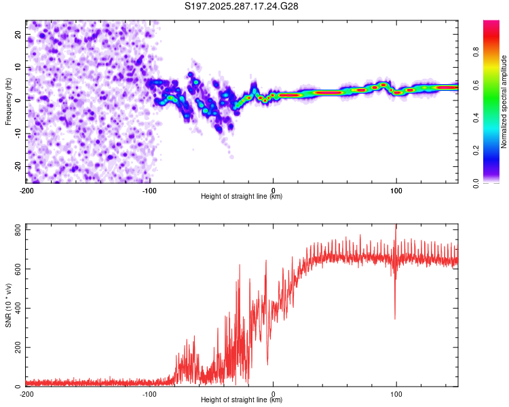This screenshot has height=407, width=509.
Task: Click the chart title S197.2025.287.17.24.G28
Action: pyautogui.click(x=242, y=6)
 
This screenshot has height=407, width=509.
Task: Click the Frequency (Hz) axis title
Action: pyautogui.click(x=8, y=100)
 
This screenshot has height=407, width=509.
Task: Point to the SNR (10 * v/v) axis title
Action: pyautogui.click(x=8, y=305)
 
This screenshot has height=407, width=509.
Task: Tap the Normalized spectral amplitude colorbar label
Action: pyautogui.click(x=504, y=101)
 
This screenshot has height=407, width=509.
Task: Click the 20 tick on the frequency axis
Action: pyautogui.click(x=18, y=34)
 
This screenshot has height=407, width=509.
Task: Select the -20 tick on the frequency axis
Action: pyautogui.click(x=17, y=166)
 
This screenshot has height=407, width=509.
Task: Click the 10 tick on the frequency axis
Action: pyautogui.click(x=18, y=67)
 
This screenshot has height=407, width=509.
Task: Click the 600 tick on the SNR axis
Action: pyautogui.click(x=16, y=269)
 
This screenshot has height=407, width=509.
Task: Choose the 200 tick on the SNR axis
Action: pyautogui.click(x=16, y=347)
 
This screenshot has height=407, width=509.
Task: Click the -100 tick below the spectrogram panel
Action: pyautogui.click(x=149, y=189)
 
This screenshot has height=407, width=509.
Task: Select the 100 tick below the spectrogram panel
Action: pyautogui.click(x=396, y=189)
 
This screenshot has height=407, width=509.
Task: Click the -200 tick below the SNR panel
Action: pyautogui.click(x=26, y=393)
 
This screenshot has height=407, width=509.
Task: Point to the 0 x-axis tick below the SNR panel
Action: pyautogui.click(x=273, y=393)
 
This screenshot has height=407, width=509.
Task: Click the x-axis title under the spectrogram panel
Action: pyautogui.click(x=242, y=196)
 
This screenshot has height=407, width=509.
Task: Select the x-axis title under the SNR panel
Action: pyautogui.click(x=242, y=400)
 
